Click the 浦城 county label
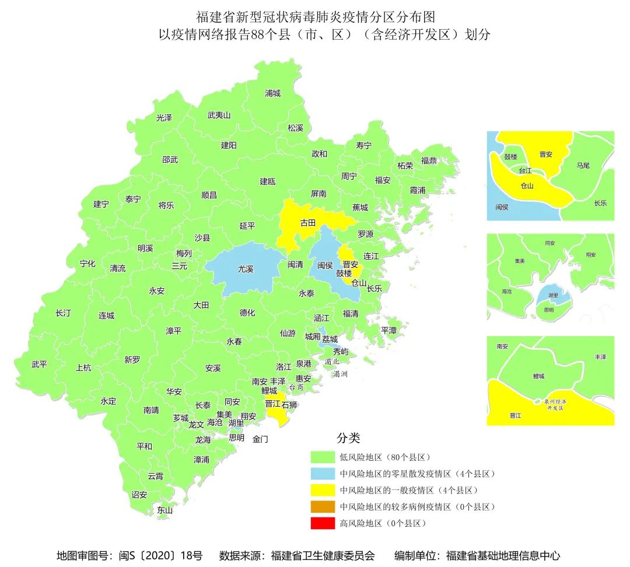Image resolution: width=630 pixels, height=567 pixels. [272, 93]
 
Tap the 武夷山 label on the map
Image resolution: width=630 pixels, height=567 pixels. [219, 116]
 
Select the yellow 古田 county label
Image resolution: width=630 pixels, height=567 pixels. [307, 223]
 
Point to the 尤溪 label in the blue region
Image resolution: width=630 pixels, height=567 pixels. [245, 269]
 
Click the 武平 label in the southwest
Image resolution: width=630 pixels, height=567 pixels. [39, 365]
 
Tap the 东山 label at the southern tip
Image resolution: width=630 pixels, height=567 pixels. [165, 510]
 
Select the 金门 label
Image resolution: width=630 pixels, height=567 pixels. [260, 439]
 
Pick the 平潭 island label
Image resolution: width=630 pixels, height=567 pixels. [388, 330]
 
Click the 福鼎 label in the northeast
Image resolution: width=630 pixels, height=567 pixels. [429, 160]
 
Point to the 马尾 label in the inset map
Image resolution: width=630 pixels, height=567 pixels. [583, 166]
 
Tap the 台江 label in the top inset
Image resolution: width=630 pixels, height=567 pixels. [525, 171]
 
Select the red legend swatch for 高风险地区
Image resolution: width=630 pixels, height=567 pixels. [323, 523]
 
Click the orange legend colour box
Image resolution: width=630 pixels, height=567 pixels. [323, 506]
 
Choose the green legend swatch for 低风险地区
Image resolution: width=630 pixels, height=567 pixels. [323, 457]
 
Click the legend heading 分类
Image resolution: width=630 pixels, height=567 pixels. [348, 438]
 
